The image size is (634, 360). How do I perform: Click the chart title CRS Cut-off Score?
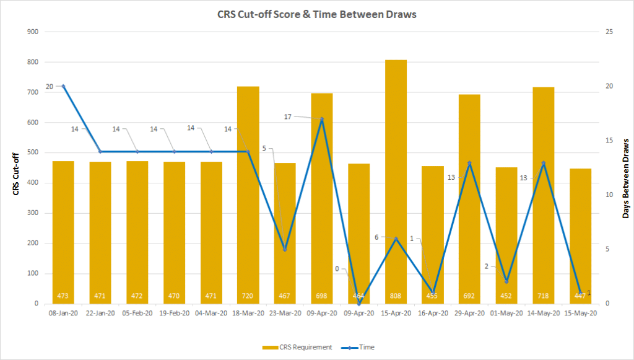316,14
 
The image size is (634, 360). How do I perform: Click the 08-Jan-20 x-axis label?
63,314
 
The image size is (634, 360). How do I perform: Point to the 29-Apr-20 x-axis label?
469,314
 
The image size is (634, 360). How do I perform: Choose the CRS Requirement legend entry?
297,348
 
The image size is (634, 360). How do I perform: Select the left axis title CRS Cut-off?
17,174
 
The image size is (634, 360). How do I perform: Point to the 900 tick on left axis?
30,32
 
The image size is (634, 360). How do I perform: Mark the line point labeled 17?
322,119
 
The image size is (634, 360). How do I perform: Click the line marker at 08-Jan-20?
63,86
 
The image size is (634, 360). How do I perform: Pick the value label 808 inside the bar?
396,296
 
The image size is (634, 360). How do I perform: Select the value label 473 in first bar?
63,296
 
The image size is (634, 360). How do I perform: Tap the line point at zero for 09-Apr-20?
359,304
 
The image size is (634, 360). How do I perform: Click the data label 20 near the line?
50,87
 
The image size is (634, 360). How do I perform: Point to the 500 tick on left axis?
30,153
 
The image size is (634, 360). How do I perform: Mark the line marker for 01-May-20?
506,282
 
